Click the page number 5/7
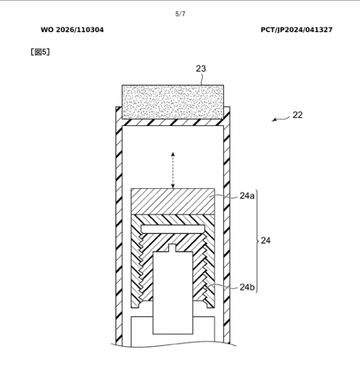180,14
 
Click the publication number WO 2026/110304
72,30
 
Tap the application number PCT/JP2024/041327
297,30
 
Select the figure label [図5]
40,52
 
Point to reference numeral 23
201,69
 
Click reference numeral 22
298,115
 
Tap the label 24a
247,196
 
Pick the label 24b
247,287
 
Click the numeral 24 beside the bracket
266,241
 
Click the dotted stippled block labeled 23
173,102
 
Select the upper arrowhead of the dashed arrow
173,154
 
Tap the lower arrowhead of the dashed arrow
173,186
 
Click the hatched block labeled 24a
173,201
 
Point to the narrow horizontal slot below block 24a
173,229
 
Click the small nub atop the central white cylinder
172,248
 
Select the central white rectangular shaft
173,293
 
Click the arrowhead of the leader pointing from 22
274,120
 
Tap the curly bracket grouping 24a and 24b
257,241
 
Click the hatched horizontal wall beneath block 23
173,122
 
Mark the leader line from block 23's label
202,79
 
